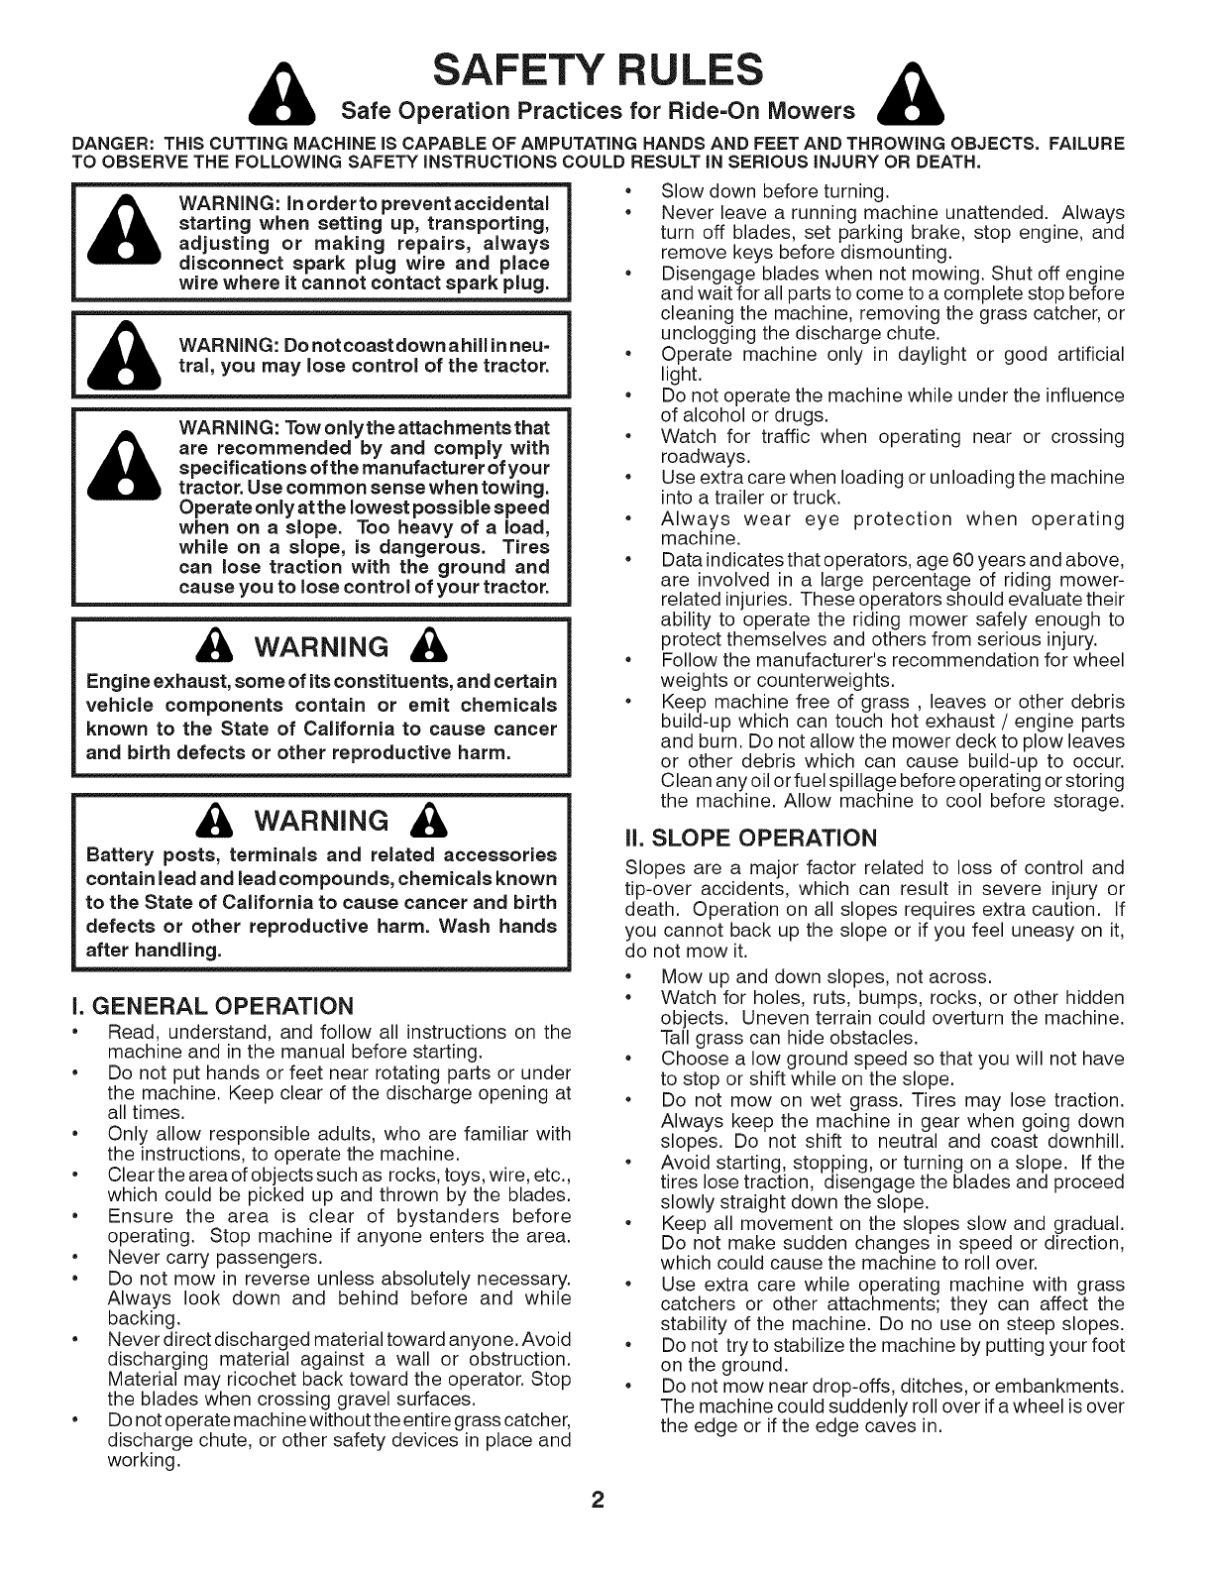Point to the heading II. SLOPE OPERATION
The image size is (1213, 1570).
click(750, 838)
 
